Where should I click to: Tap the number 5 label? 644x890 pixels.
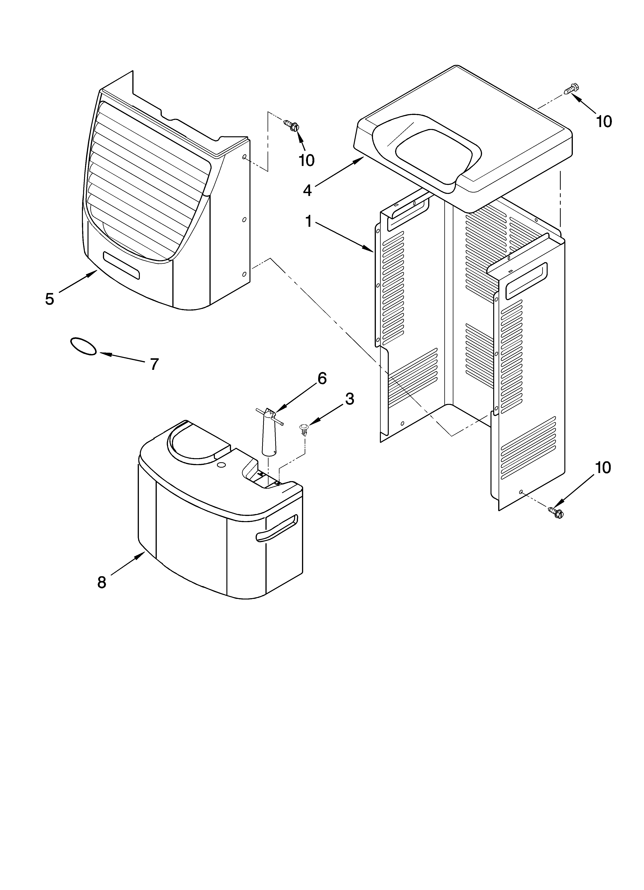click(x=49, y=299)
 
